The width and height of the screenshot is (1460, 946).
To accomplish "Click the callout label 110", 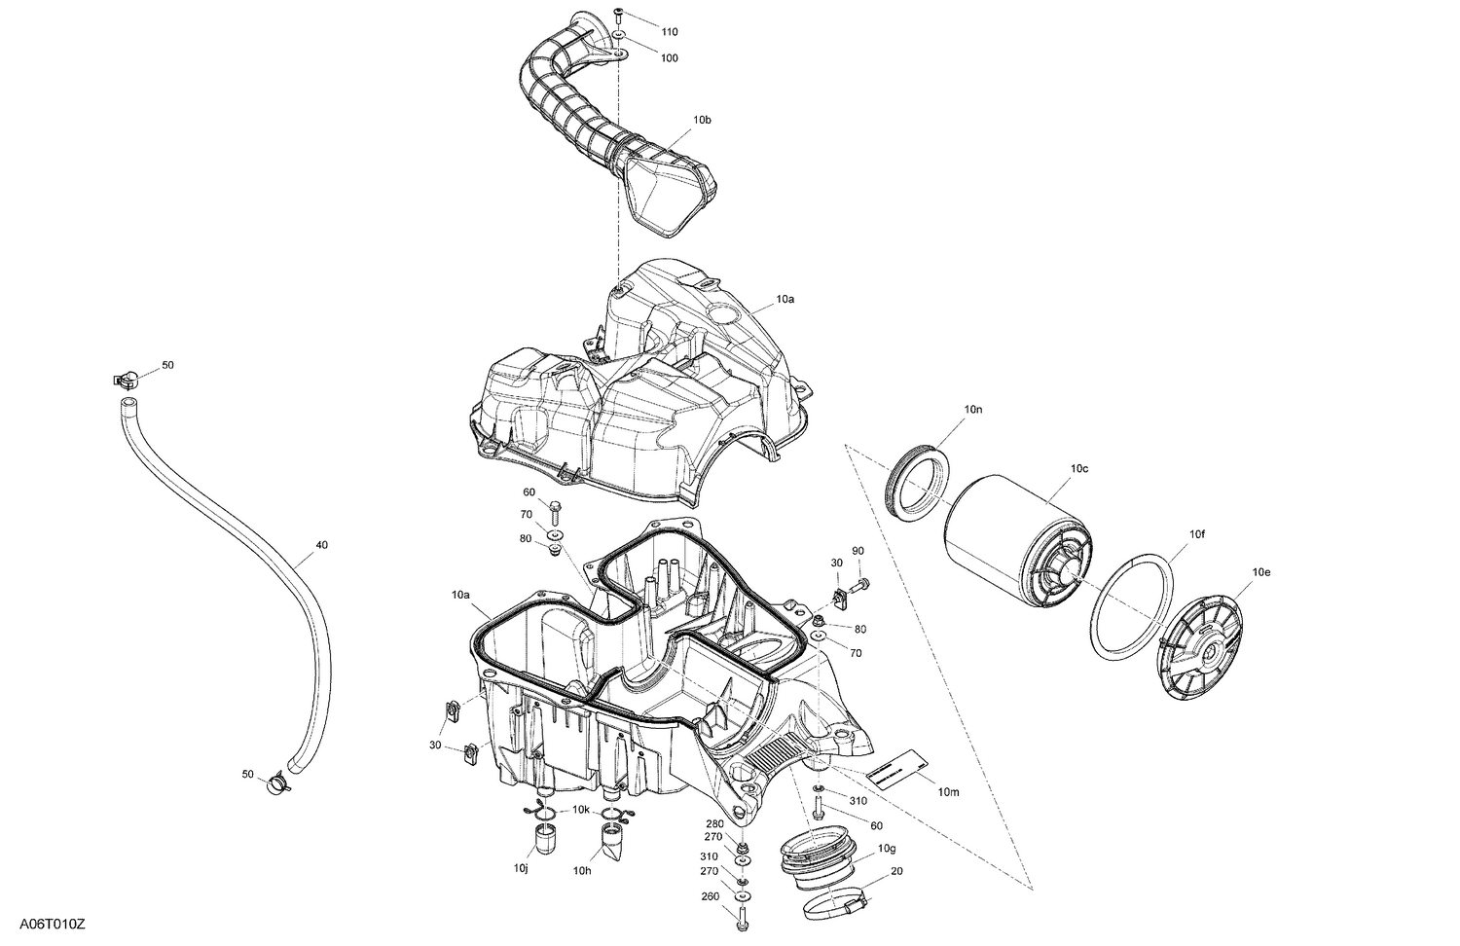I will [x=669, y=31].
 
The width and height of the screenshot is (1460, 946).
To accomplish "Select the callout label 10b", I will [x=702, y=121].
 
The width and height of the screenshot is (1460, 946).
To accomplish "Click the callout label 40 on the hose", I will [x=321, y=545].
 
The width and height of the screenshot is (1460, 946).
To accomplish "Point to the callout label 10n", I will [x=973, y=411].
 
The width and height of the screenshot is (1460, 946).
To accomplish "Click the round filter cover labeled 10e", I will [x=1208, y=648].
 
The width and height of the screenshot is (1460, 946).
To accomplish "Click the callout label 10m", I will [x=948, y=792].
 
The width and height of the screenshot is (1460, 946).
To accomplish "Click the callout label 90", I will [x=858, y=551].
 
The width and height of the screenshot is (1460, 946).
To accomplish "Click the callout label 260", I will [x=712, y=897].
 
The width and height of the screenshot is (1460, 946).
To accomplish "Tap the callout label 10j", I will [x=521, y=868].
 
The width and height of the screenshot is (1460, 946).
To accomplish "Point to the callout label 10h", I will [x=582, y=870].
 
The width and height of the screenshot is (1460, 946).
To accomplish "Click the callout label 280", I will [x=713, y=823].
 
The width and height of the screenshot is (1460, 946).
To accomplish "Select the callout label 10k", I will [x=581, y=810].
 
